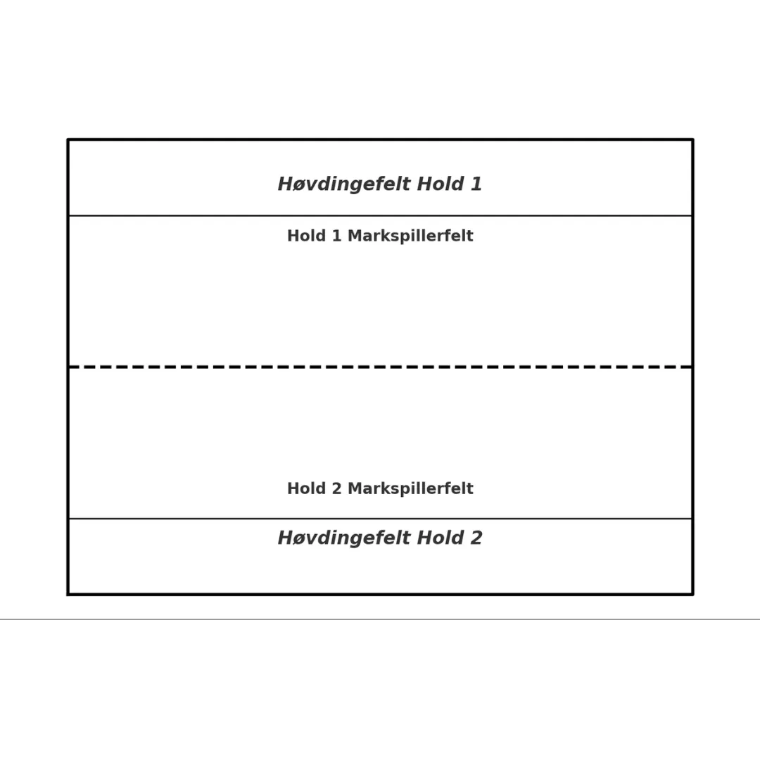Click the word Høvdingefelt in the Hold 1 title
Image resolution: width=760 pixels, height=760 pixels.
pos(344,184)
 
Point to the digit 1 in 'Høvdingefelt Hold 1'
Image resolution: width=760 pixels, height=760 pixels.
pos(476,184)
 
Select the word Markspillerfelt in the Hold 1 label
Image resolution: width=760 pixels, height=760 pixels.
pos(410,236)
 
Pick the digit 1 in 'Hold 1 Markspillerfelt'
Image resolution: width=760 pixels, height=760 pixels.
pos(337,236)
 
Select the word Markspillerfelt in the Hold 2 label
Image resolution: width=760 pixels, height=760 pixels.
pos(410,488)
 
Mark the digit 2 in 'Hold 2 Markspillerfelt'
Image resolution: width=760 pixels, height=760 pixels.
pos(337,488)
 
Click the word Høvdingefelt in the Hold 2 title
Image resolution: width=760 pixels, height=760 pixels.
pos(344,538)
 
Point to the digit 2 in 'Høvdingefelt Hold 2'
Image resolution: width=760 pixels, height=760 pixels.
pos(476,538)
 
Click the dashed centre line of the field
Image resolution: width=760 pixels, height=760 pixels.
pos(381,367)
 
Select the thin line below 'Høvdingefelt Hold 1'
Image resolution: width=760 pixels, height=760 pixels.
pos(381,215)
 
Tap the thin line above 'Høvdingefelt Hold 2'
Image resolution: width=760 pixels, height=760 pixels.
pos(381,519)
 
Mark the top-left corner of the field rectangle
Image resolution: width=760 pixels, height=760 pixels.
pos(68,139)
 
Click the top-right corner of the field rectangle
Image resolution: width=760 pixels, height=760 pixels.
pos(692,139)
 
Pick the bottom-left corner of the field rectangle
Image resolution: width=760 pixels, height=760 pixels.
pos(68,594)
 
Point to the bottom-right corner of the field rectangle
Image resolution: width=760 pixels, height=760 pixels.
pos(692,594)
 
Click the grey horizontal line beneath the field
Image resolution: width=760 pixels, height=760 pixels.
pos(380,619)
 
